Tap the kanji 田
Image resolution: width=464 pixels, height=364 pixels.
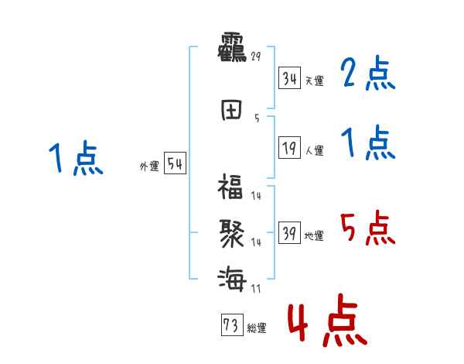coord(230,110)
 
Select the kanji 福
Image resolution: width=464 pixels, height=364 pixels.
coord(230,187)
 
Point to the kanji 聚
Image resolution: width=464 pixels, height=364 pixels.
coord(230,232)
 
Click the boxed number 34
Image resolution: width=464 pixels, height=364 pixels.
coord(290,78)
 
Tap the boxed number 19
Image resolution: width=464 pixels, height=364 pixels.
coord(290,149)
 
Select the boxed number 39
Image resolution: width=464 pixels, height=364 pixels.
coord(290,234)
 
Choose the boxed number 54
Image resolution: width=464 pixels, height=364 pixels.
coord(175,164)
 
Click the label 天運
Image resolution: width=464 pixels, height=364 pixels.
coord(314,81)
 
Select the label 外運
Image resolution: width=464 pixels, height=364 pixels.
coord(149,167)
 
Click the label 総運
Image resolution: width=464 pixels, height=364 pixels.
coord(256,328)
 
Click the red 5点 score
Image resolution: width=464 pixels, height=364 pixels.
coord(367,228)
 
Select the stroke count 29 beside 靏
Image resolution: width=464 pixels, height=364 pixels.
coord(257,56)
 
